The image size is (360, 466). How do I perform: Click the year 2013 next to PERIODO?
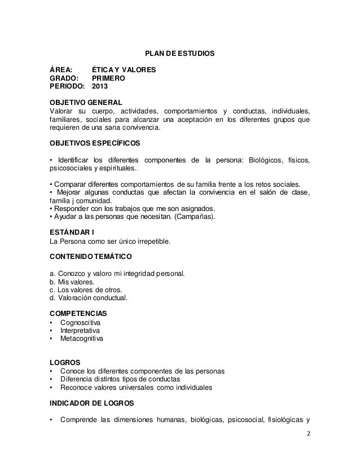pos(103,87)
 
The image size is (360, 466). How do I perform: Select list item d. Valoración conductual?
pos(89,298)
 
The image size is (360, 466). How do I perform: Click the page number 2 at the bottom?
pos(308,435)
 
